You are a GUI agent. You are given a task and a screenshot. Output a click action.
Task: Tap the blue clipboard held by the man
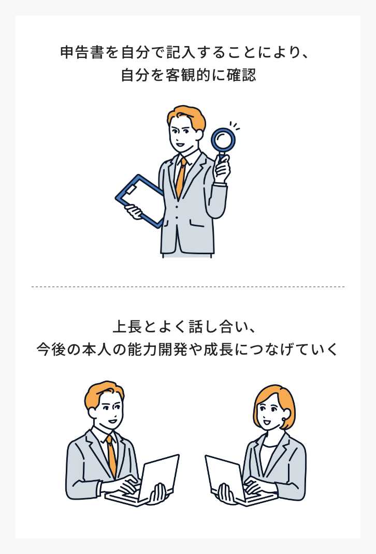(138, 199)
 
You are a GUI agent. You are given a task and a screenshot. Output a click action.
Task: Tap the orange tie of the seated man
(111, 456)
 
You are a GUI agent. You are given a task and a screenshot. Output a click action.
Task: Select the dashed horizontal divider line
(188, 286)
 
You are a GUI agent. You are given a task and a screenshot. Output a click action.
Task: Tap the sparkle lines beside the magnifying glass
(235, 126)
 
